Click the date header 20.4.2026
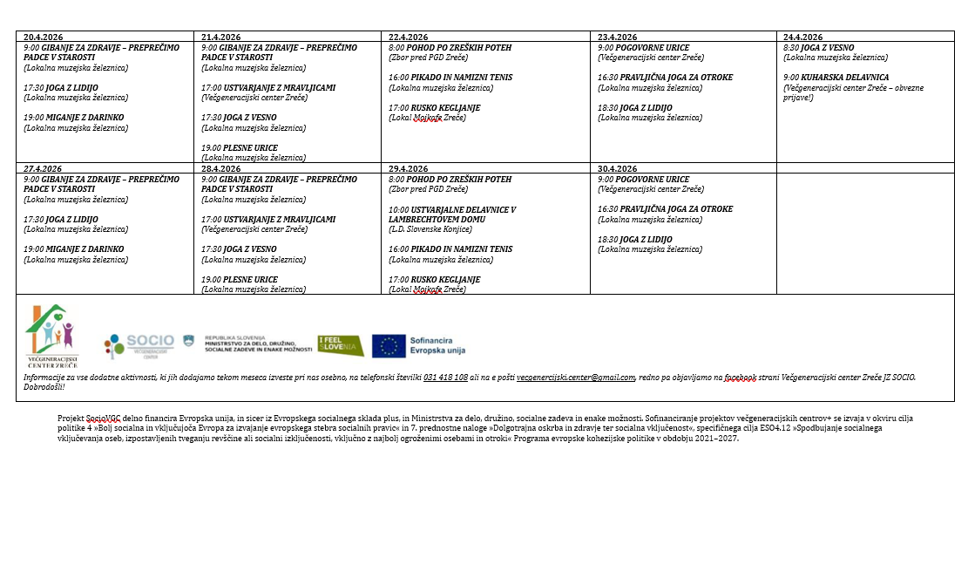[43, 37]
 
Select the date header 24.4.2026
[802, 37]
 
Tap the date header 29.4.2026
[408, 168]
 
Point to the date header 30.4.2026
[617, 168]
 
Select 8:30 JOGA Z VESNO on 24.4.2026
[818, 48]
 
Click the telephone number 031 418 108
[445, 378]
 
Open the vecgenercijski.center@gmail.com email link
[575, 378]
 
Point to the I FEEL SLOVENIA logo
[341, 346]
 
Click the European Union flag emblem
[389, 346]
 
